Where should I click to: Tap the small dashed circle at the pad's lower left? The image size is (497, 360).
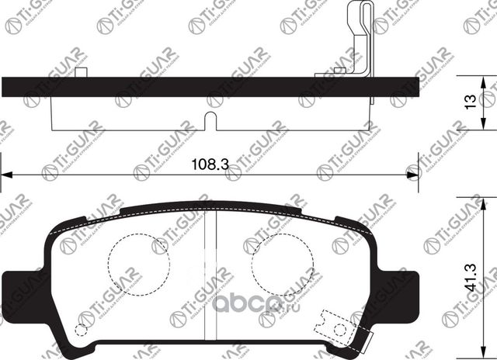pos(81,328)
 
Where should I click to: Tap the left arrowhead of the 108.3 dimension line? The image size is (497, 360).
pos(6,173)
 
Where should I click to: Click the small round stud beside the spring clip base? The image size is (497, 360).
pos(339,71)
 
